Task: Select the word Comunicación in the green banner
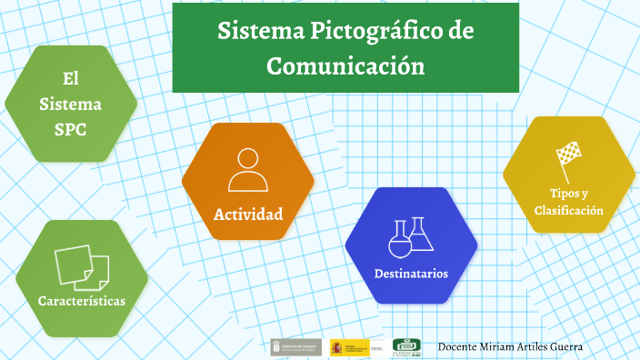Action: pos(345,66)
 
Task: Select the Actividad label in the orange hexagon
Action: pos(248,215)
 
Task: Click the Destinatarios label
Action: pos(411,273)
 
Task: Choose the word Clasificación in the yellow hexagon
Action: pos(569,210)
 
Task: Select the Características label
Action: pos(82,300)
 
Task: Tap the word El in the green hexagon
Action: pos(71,79)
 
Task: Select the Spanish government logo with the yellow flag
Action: pos(350,347)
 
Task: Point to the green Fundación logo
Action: pos(406,347)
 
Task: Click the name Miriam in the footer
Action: pos(492,347)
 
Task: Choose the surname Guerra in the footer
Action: pos(563,347)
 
